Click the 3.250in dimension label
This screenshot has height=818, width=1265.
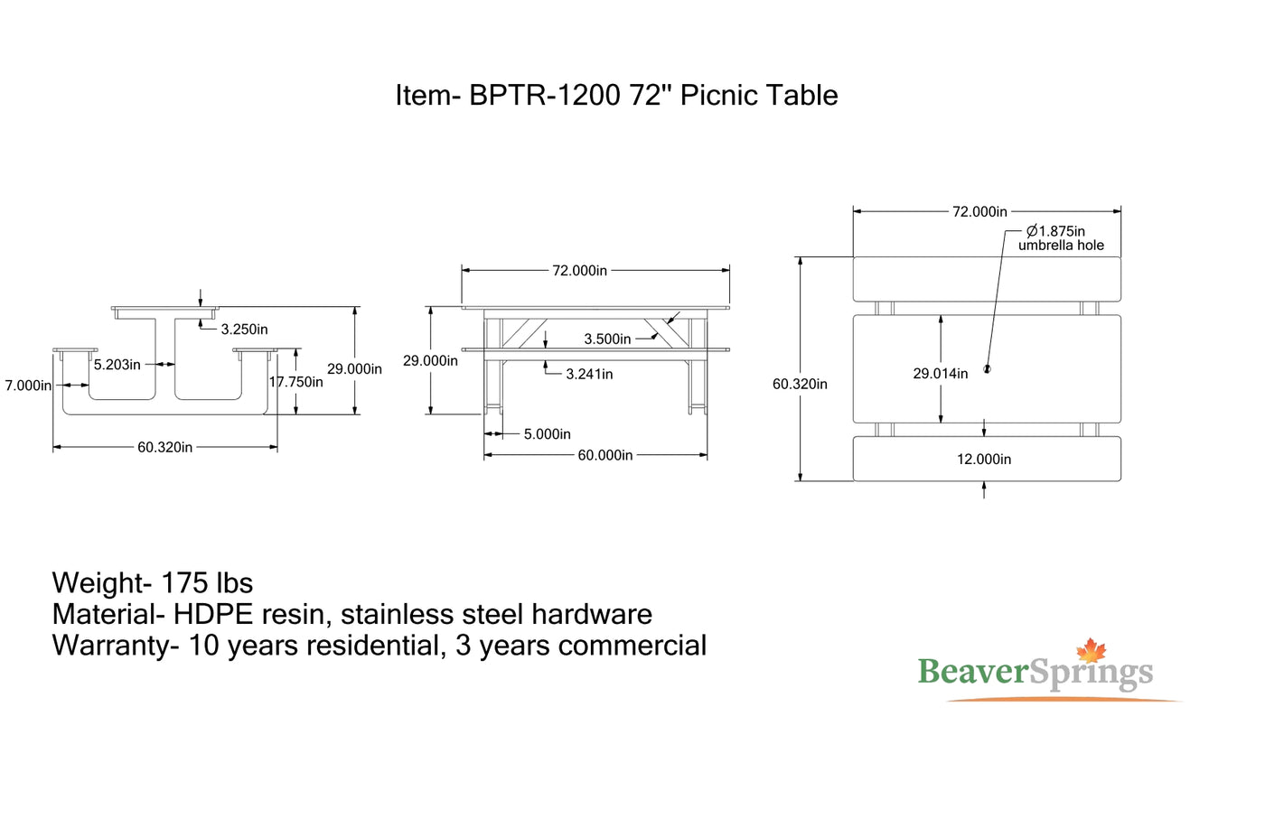(x=244, y=330)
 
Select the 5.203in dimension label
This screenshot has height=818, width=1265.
(x=117, y=365)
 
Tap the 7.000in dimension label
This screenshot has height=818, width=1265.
(x=28, y=386)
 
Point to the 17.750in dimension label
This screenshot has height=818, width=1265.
(x=296, y=382)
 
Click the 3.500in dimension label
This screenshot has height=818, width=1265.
(x=607, y=339)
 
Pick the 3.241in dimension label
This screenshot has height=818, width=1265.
(x=589, y=374)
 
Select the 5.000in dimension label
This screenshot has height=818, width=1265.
(x=547, y=434)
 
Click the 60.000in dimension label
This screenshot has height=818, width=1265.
(x=604, y=455)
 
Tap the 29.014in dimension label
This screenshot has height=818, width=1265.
(x=940, y=374)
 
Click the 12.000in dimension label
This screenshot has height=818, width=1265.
(x=984, y=460)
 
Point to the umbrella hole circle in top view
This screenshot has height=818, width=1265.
(x=987, y=369)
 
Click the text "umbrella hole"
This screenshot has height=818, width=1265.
(x=1061, y=246)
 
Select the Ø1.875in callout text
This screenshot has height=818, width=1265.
(x=1055, y=231)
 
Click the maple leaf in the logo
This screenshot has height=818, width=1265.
(x=1091, y=651)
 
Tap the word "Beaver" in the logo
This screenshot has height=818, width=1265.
(x=973, y=672)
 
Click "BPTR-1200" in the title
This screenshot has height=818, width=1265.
(x=545, y=96)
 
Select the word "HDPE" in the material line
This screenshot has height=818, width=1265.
(x=213, y=615)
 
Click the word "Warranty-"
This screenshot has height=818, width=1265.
(x=116, y=646)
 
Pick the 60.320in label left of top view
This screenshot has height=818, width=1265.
(x=800, y=385)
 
